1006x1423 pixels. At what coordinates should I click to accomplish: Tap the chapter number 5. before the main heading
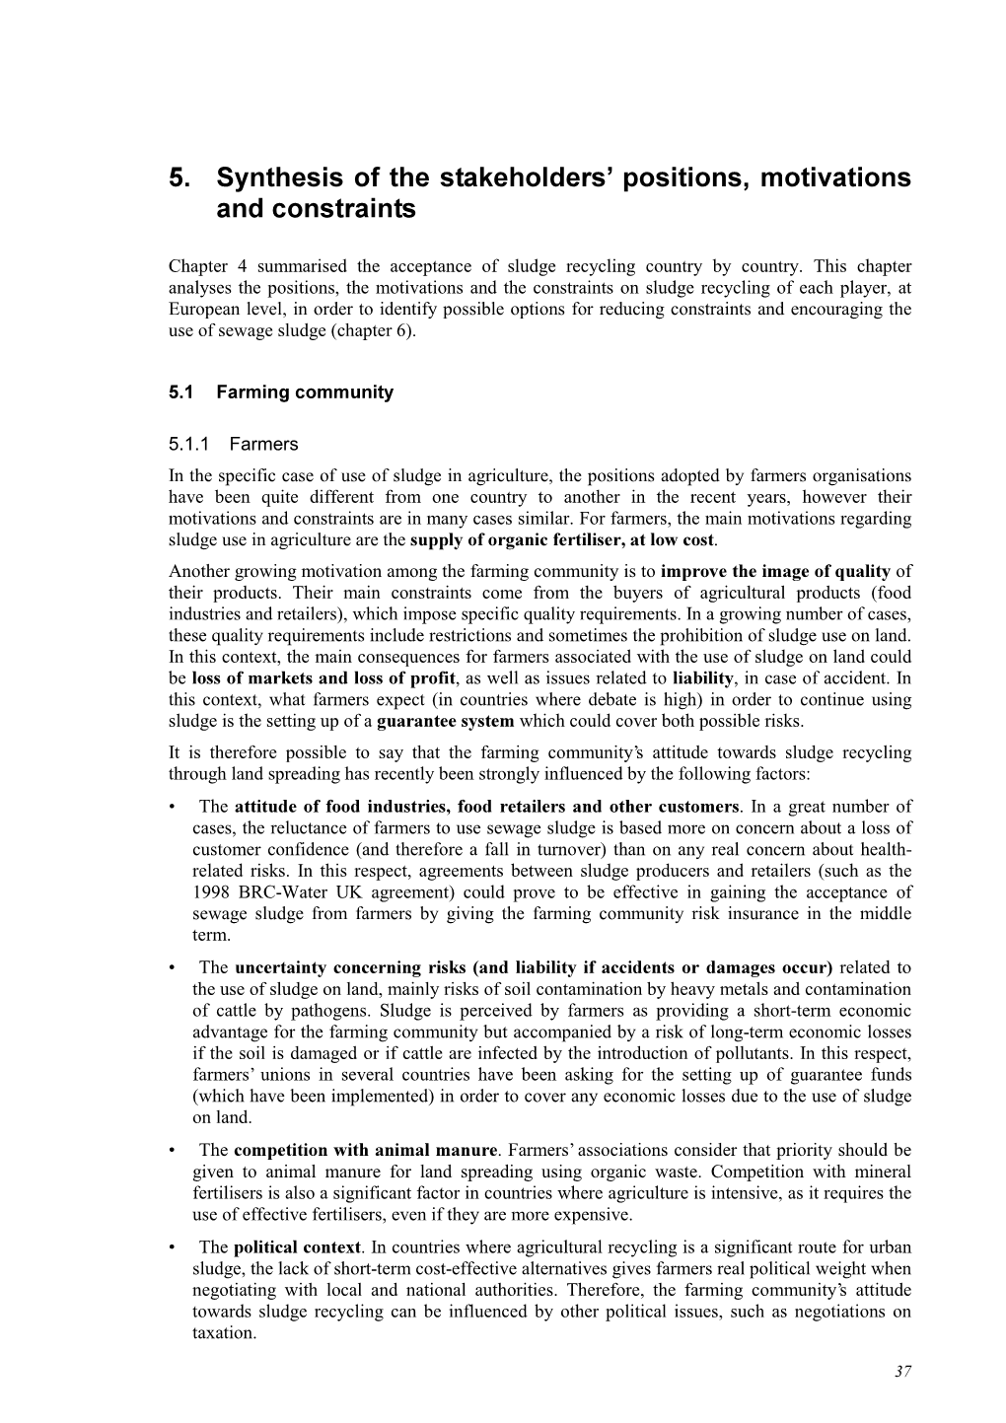[x=180, y=178]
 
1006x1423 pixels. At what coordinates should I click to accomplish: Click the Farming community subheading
[x=304, y=392]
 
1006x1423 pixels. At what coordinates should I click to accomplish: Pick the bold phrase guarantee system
[x=449, y=721]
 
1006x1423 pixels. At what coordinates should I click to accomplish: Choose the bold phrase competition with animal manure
[x=365, y=1150]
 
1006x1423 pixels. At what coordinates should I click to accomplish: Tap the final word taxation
[x=222, y=1332]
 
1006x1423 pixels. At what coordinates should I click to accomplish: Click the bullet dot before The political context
[x=174, y=1247]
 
